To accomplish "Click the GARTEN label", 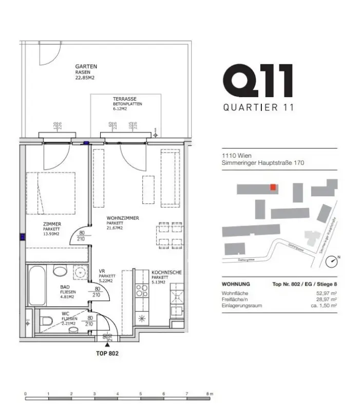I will pos(86,67).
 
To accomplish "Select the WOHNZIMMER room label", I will pos(123,218).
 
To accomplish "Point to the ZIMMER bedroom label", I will pos(52,224).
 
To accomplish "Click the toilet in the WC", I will pos(46,322).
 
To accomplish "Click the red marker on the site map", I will pos(274,187).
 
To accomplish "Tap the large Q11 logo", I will pos(258,81).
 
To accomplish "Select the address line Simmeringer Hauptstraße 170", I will pos(263,163).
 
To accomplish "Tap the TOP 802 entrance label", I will pos(107,353).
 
